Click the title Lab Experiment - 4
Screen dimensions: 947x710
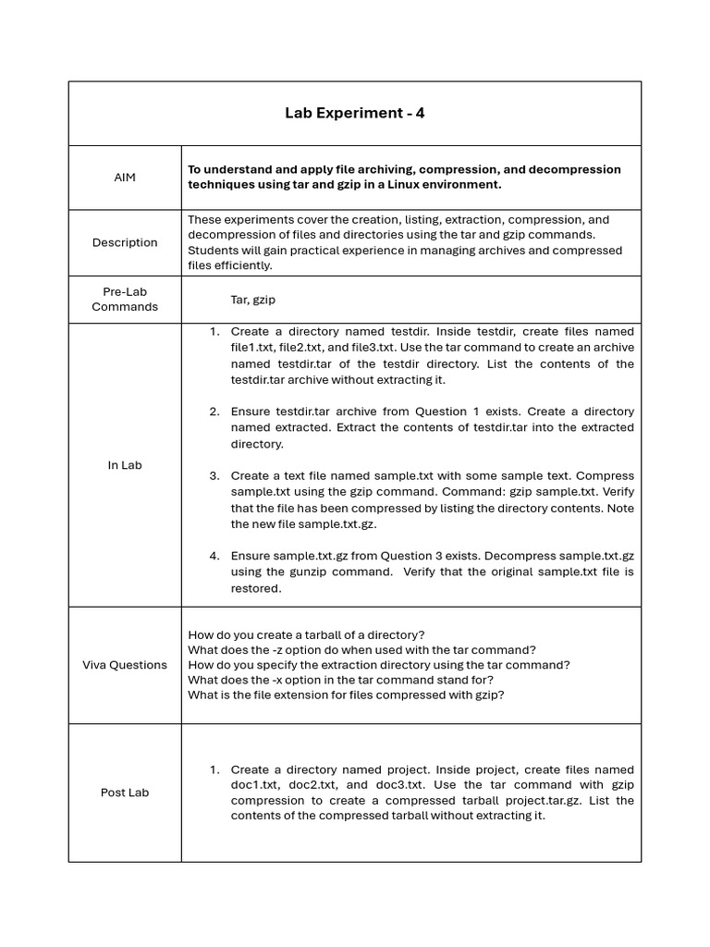(x=355, y=114)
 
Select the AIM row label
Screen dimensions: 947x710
(x=125, y=178)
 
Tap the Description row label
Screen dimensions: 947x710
(x=125, y=242)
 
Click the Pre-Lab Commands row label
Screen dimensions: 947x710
(x=125, y=300)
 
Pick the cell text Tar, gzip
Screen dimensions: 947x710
(x=253, y=300)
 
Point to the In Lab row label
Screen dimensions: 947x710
(x=125, y=465)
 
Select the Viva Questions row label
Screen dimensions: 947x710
(x=125, y=665)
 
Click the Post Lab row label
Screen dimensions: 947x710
(x=125, y=793)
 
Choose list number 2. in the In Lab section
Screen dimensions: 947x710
(x=214, y=412)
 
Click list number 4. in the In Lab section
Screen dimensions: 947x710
(x=214, y=556)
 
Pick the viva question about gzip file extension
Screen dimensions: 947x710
(x=346, y=695)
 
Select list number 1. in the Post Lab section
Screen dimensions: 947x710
(x=214, y=769)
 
